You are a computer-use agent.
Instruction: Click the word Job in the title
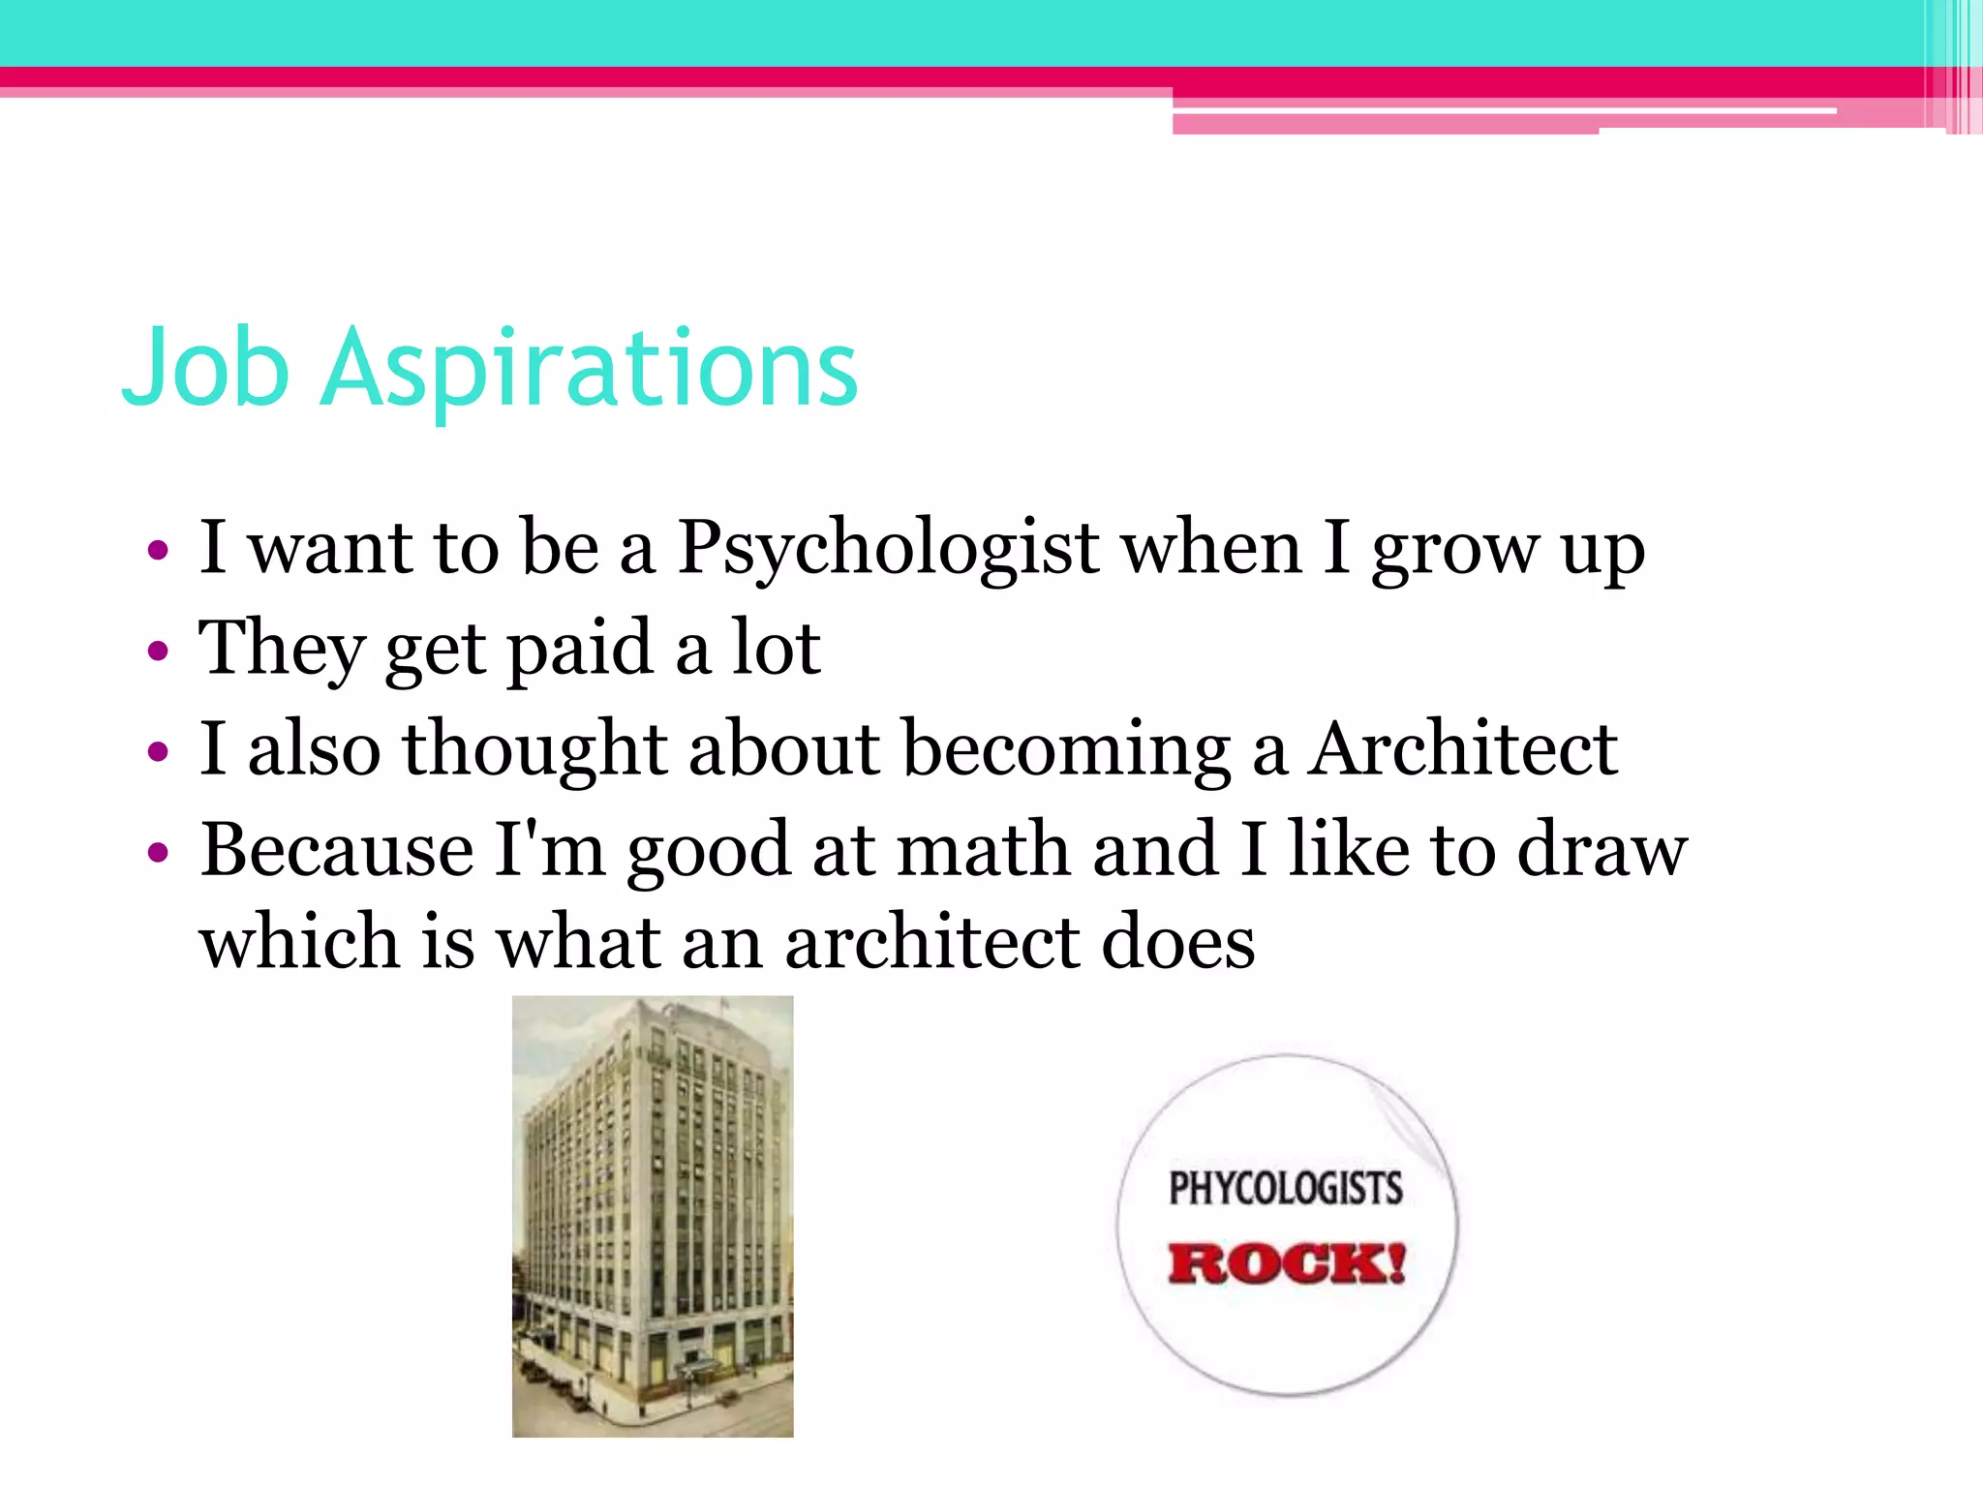click(206, 368)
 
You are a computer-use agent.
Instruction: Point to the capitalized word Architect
click(1462, 749)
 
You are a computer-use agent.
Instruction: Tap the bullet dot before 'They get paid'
click(158, 652)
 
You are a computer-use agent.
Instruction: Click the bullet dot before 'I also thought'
click(158, 751)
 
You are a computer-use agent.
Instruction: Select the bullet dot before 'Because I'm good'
click(158, 852)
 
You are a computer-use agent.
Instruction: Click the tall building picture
click(653, 1216)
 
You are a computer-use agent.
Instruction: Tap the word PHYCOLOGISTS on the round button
click(1286, 1189)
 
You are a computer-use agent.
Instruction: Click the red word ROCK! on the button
click(1286, 1263)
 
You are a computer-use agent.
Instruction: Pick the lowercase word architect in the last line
click(931, 943)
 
